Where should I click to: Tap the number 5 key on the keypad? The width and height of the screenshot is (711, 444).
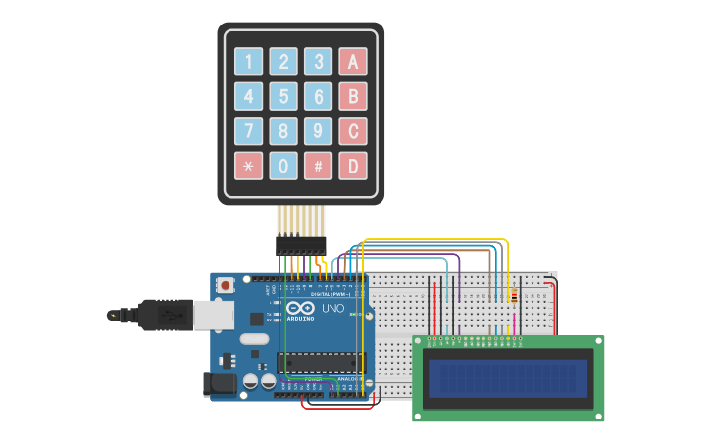(x=283, y=96)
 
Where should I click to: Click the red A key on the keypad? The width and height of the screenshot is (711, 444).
(x=353, y=62)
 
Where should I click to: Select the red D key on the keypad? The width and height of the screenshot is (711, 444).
(x=353, y=165)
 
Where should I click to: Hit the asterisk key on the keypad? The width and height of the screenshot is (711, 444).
(x=248, y=165)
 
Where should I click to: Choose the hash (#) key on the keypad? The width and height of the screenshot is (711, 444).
(x=318, y=165)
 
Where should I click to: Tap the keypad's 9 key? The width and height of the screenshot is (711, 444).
(x=318, y=130)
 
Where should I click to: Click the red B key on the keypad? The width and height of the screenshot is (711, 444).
(x=353, y=96)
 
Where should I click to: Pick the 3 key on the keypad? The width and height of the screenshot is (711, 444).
(x=318, y=62)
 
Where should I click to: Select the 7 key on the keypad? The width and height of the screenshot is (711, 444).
(x=248, y=130)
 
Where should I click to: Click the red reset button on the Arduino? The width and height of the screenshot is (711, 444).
(x=226, y=285)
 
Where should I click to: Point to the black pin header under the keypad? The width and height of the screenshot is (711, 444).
(x=301, y=244)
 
